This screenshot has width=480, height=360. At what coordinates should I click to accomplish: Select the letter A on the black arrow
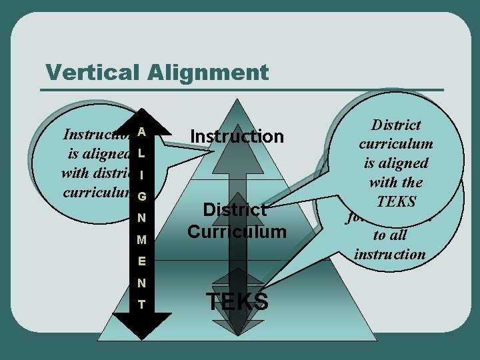(x=141, y=132)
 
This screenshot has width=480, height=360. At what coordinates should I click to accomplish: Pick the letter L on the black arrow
(x=141, y=154)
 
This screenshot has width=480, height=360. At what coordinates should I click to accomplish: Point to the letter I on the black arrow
(x=141, y=175)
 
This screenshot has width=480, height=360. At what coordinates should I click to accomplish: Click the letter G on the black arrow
(x=141, y=197)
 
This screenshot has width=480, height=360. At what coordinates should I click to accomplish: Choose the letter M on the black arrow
(x=141, y=239)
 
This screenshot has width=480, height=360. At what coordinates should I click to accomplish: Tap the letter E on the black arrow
(x=141, y=261)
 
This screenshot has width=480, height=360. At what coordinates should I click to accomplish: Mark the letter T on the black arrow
(x=141, y=304)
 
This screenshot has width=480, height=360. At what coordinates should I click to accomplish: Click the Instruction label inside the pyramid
(x=237, y=137)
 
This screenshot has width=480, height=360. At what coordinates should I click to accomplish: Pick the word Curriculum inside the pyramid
(x=236, y=231)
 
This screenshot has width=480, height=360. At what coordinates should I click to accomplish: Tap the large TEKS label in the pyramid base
(x=237, y=302)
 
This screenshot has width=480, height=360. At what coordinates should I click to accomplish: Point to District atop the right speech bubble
(x=396, y=125)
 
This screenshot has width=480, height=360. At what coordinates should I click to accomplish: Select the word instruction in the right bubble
(x=390, y=254)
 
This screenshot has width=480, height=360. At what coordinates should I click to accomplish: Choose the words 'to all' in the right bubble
(x=390, y=235)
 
